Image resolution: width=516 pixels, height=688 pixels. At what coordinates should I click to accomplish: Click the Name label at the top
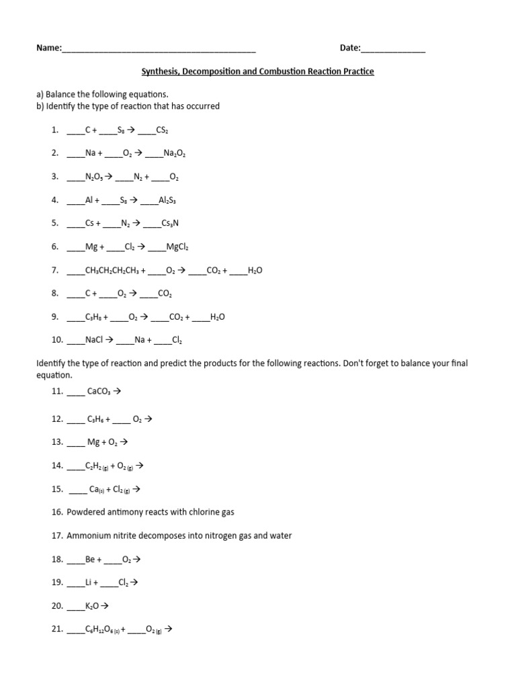click(48, 48)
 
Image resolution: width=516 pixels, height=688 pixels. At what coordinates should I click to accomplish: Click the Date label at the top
click(350, 48)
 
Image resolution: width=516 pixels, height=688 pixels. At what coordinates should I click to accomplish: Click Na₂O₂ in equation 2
click(174, 153)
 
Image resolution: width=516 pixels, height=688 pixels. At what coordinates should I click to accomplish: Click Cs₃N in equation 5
click(169, 224)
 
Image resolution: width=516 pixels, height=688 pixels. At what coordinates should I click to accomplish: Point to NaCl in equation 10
click(94, 340)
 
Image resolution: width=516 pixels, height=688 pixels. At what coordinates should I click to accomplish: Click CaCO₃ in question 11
click(100, 390)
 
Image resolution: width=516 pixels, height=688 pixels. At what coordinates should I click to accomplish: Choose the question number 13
click(57, 442)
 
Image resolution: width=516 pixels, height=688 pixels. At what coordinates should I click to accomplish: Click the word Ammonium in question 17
click(91, 535)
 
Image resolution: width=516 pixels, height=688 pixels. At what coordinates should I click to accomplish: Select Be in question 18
click(90, 559)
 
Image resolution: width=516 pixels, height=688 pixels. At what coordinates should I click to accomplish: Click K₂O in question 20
click(92, 606)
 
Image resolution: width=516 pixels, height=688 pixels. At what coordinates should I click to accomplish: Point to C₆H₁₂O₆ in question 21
click(101, 630)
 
